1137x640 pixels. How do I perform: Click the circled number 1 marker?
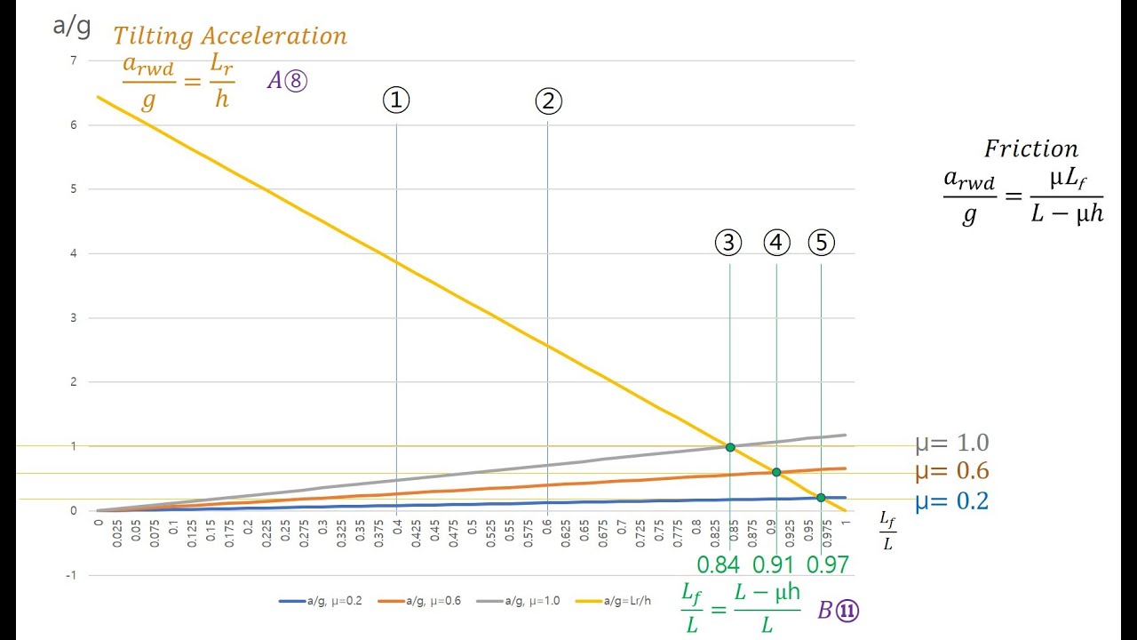click(x=396, y=100)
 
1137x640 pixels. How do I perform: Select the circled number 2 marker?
click(x=548, y=100)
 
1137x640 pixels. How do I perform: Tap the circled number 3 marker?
click(x=728, y=243)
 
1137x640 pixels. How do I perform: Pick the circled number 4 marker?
click(x=776, y=243)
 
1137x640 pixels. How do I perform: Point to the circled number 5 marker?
click(x=822, y=243)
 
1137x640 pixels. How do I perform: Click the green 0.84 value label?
click(x=719, y=564)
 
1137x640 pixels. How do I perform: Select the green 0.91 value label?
click(x=774, y=564)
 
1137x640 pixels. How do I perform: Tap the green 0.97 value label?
click(x=827, y=564)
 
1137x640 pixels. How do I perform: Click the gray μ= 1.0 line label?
click(x=951, y=444)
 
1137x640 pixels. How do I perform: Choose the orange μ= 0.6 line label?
click(x=951, y=472)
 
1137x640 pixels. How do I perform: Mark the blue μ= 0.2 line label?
click(x=951, y=501)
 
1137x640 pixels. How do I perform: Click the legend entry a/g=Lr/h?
click(x=612, y=602)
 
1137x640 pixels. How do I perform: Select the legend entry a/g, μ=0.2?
click(x=315, y=602)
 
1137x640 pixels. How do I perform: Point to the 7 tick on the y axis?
click(x=74, y=60)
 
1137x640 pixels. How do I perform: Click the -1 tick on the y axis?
click(x=72, y=575)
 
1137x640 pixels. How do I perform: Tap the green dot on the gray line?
click(x=730, y=447)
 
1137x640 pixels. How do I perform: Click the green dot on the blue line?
click(x=821, y=498)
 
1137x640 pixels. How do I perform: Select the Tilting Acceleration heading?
click(x=230, y=36)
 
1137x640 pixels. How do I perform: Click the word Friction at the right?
click(x=1030, y=148)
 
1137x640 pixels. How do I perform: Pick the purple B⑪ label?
click(x=838, y=611)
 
